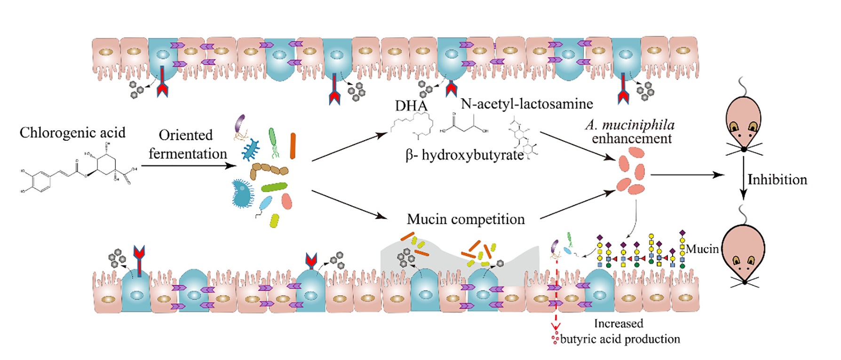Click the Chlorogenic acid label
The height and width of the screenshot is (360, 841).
(72, 133)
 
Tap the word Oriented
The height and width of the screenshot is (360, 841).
(185, 136)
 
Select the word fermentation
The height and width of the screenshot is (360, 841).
(188, 154)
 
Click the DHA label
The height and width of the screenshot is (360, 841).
(411, 106)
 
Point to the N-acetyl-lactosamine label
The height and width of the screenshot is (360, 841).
(527, 104)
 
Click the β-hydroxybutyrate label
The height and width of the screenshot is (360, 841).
(465, 155)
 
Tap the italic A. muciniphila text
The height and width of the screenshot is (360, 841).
(630, 125)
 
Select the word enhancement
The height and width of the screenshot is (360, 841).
(632, 139)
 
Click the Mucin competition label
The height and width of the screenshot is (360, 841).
(466, 219)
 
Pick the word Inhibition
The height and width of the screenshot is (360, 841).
(777, 180)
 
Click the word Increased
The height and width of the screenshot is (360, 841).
(619, 324)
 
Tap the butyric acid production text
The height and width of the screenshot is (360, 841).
(620, 339)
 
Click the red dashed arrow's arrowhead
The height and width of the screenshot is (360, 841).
(555, 327)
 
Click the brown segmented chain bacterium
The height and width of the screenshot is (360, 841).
(269, 170)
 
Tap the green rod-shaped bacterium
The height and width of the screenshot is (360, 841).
(274, 187)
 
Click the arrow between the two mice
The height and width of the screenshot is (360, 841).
(743, 179)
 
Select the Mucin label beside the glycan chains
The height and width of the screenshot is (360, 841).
(702, 249)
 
